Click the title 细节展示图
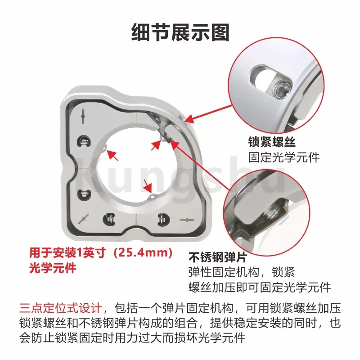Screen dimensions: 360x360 (x=180, y=32)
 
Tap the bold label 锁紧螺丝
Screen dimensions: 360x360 (x=272, y=142)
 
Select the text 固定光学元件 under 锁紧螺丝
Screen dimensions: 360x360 (x=284, y=157)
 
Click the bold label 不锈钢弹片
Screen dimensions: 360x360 (x=217, y=257)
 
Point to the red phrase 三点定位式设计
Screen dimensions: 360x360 (x=61, y=308)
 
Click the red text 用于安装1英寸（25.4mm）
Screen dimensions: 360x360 (x=101, y=253)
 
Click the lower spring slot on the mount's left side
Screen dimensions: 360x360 (x=83, y=195)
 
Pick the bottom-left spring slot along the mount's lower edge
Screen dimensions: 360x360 (x=108, y=219)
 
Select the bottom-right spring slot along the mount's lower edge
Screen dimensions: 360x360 (x=163, y=219)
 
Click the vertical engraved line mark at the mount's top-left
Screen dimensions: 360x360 (x=83, y=116)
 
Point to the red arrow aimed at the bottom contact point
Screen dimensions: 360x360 (x=148, y=186)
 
